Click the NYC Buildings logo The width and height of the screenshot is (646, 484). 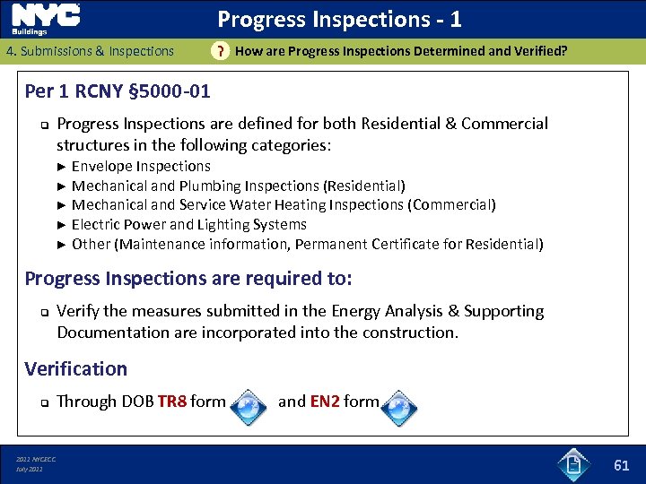tap(47, 19)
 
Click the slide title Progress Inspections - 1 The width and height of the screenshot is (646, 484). tap(339, 19)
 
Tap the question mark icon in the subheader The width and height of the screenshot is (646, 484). tap(218, 51)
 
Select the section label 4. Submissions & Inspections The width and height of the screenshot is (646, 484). tap(90, 51)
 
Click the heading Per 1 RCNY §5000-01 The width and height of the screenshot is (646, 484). tap(118, 91)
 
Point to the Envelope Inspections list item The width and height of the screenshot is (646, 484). tap(141, 166)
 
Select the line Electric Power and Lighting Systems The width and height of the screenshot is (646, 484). tap(188, 224)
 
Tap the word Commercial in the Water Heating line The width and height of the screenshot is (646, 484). tap(451, 204)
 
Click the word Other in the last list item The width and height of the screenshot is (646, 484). tap(91, 244)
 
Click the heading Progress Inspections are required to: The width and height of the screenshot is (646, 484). tap(188, 279)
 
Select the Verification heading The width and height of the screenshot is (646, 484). tap(76, 368)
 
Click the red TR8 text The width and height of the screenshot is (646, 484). tap(171, 402)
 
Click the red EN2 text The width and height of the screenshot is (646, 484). tap(324, 402)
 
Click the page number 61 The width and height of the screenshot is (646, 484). tap(621, 464)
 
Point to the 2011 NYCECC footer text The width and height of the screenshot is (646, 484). tap(36, 459)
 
